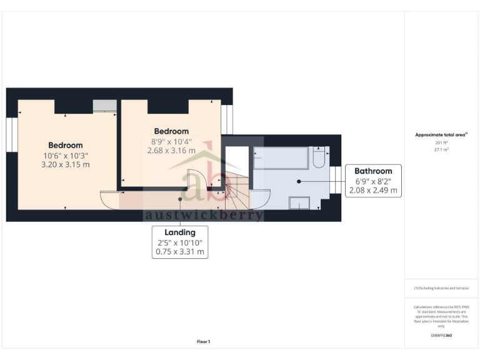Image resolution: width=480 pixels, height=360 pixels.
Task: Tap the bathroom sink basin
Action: point(299,202)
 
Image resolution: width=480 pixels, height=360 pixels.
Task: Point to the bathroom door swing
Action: point(261,198)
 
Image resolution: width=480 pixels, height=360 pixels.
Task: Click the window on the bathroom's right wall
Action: point(336,179)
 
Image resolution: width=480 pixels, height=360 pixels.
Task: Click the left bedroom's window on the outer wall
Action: point(10,134)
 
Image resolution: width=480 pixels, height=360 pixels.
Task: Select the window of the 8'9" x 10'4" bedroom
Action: point(227,119)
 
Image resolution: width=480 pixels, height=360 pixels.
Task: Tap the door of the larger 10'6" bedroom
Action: point(109,199)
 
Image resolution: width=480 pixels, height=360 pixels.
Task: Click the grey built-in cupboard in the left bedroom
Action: point(104,106)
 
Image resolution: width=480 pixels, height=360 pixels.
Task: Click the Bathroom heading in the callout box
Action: point(373,171)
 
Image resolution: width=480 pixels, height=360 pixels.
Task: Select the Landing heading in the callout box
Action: point(180,232)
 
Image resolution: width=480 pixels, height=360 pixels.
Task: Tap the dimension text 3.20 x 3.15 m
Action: point(66,165)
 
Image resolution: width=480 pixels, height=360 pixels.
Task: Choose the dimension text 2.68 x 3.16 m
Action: point(171,151)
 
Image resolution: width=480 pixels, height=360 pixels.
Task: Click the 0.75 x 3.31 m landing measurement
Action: point(180,252)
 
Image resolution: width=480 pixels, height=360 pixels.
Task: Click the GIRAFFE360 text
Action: point(441,336)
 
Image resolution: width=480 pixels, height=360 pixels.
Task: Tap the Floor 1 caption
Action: point(204,342)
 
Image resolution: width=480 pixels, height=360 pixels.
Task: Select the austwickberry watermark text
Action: point(204,215)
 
